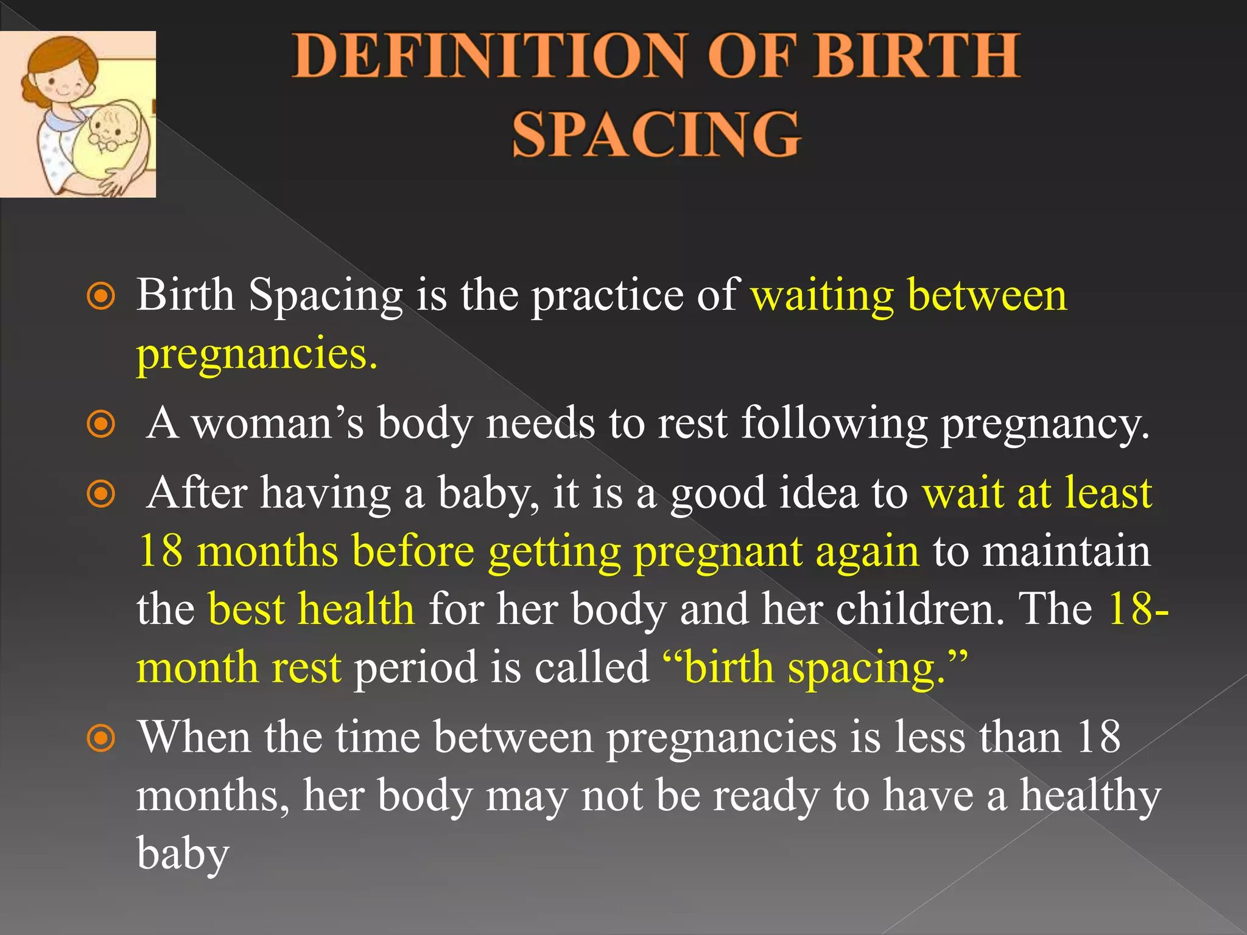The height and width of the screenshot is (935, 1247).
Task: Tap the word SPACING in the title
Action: [x=656, y=134]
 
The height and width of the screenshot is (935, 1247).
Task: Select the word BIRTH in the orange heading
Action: [x=916, y=56]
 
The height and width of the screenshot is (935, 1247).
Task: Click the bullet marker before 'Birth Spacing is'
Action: [x=101, y=297]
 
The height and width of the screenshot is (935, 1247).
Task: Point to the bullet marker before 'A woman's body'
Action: [x=101, y=424]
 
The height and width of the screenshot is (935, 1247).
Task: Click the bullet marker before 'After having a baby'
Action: [x=101, y=494]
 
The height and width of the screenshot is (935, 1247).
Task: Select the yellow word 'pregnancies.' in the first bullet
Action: [x=257, y=354]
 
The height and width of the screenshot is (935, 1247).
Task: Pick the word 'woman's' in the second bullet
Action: [x=278, y=422]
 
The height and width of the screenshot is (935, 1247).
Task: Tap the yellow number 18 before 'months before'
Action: [x=161, y=551]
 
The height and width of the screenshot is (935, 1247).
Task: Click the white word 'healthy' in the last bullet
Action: [x=1090, y=796]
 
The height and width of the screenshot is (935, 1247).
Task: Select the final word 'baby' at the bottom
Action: [x=183, y=853]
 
